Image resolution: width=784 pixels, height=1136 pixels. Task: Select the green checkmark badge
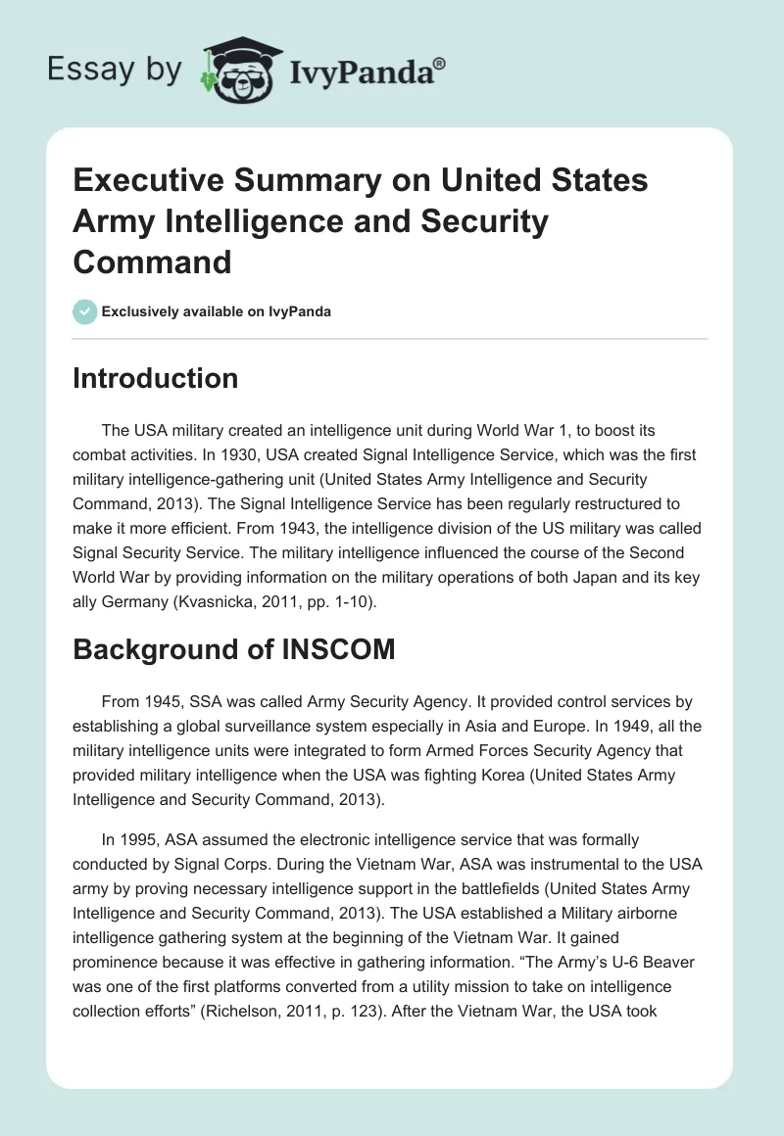(x=85, y=311)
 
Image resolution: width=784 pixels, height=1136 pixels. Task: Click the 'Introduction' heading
(x=155, y=378)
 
